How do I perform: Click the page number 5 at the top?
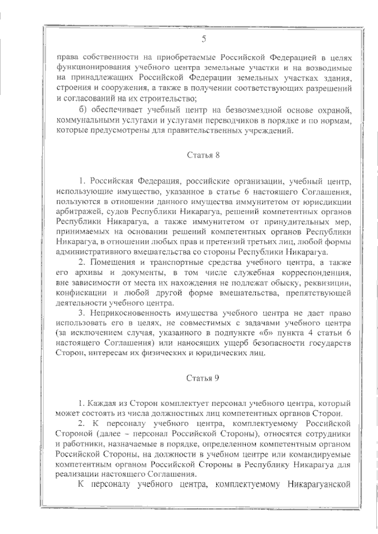[204, 40]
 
